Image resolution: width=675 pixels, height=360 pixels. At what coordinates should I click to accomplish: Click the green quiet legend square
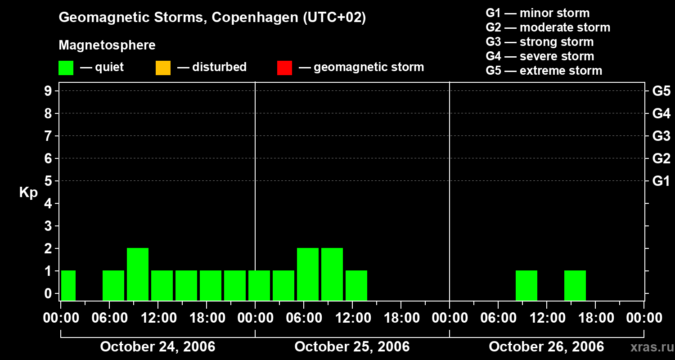pyautogui.click(x=66, y=67)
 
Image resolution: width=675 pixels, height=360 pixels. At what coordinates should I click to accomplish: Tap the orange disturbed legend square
pyautogui.click(x=163, y=67)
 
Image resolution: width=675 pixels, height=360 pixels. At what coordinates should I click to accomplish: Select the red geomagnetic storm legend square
pyautogui.click(x=284, y=67)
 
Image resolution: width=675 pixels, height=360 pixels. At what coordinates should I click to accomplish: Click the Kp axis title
pyautogui.click(x=28, y=193)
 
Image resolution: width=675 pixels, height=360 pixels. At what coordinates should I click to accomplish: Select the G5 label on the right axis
pyautogui.click(x=661, y=91)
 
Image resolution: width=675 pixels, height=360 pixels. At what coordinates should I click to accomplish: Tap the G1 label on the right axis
pyautogui.click(x=661, y=181)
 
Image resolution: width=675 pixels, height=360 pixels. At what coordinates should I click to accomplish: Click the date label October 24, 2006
pyautogui.click(x=157, y=347)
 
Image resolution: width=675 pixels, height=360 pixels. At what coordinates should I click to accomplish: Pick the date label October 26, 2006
pyautogui.click(x=546, y=347)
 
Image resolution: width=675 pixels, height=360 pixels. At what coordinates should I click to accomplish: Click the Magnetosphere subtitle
pyautogui.click(x=107, y=45)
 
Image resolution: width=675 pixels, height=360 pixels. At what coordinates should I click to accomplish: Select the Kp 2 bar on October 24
pyautogui.click(x=138, y=274)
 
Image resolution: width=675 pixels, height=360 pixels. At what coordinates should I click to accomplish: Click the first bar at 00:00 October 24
pyautogui.click(x=68, y=285)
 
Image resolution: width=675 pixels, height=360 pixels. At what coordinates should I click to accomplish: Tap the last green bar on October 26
pyautogui.click(x=575, y=285)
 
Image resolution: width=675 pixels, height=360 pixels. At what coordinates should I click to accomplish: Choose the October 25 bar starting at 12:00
pyautogui.click(x=356, y=285)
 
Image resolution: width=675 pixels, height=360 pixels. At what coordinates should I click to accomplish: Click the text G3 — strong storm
pyautogui.click(x=540, y=42)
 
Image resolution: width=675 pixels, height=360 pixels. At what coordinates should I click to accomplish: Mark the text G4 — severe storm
pyautogui.click(x=540, y=56)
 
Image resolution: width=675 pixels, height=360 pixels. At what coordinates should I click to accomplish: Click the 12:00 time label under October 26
pyautogui.click(x=546, y=318)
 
